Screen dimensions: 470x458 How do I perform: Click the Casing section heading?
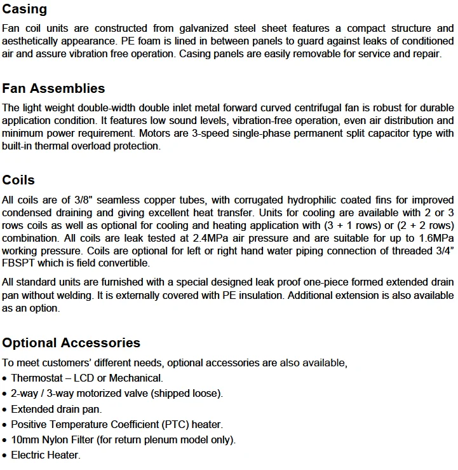point(25,9)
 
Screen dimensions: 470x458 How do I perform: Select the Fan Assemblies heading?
point(53,88)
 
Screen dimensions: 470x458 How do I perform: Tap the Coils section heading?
point(18,180)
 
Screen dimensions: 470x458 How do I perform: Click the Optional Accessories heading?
point(71,343)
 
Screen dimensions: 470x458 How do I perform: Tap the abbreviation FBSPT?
point(18,263)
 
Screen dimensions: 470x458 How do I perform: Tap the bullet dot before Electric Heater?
point(5,455)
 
